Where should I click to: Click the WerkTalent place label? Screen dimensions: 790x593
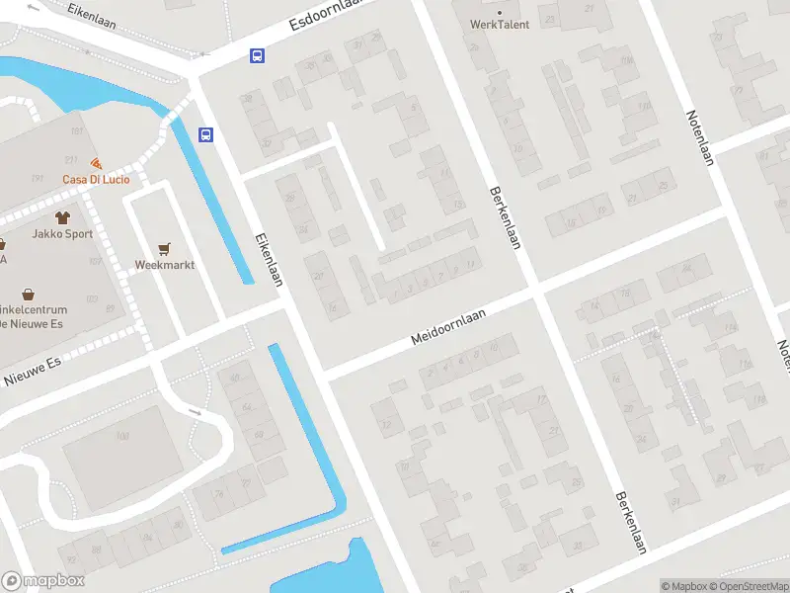click(x=500, y=24)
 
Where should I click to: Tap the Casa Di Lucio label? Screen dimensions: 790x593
click(x=96, y=179)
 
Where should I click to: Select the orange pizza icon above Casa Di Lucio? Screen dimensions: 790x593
click(x=96, y=163)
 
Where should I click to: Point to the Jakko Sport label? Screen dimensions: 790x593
click(x=62, y=235)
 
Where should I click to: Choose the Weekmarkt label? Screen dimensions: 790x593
click(x=165, y=265)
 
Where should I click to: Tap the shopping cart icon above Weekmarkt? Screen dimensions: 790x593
click(x=165, y=248)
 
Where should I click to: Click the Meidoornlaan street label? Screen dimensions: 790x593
click(x=450, y=325)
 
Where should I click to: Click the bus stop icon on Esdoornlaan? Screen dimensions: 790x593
click(x=257, y=55)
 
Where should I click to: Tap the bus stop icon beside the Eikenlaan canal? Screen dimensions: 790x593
click(x=206, y=134)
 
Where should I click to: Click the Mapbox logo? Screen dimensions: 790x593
click(x=42, y=581)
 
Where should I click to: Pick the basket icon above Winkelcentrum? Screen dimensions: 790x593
click(x=30, y=295)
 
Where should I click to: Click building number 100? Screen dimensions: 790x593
click(x=122, y=436)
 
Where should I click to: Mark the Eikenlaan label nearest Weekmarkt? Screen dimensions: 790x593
click(x=269, y=259)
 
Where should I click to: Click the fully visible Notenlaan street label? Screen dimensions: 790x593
click(x=699, y=138)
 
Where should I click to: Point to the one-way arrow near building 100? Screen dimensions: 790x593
click(x=195, y=413)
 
